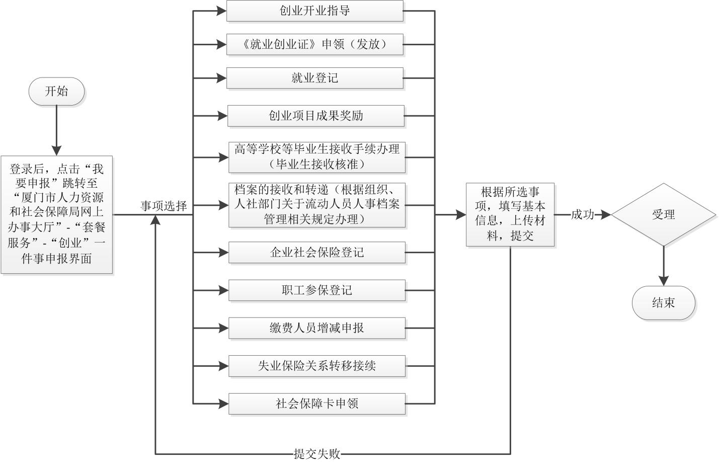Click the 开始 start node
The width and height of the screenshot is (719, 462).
click(56, 91)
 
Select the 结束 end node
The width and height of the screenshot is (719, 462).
click(663, 303)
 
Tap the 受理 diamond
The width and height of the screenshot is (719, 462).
click(663, 214)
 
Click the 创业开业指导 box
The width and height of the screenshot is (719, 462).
click(314, 11)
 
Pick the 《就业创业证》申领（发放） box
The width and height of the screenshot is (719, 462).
click(314, 44)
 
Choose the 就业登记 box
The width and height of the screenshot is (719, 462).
click(314, 78)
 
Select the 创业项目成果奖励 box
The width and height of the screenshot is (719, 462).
click(315, 116)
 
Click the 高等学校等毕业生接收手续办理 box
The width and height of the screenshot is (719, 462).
click(316, 157)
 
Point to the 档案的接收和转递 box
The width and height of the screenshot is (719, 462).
click(316, 205)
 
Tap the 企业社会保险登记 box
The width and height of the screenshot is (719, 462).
click(316, 252)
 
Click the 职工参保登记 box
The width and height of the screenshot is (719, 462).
click(316, 290)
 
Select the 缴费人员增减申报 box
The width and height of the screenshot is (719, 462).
click(316, 328)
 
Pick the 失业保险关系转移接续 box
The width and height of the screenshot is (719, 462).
click(316, 366)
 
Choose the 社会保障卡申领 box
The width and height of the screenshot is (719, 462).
click(316, 404)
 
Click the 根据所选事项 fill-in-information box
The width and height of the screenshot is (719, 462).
click(510, 214)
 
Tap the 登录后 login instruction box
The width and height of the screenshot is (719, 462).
click(56, 214)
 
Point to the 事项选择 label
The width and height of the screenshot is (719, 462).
click(164, 206)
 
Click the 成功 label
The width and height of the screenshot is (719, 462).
click(582, 215)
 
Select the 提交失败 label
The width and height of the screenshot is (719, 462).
click(317, 454)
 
